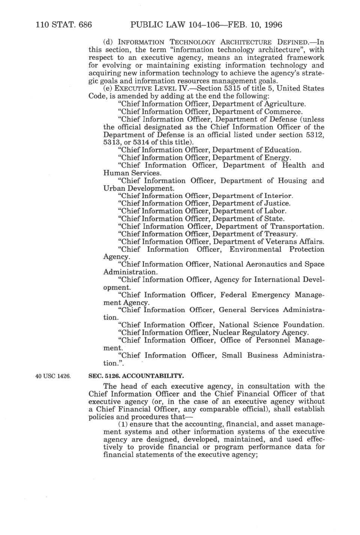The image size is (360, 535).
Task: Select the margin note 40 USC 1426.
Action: [53, 376]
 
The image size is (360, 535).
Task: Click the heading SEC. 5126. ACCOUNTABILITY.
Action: [136, 376]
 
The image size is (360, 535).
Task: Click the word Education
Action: [283, 150]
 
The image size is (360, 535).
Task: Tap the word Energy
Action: [278, 158]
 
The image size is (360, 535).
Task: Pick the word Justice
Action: [277, 204]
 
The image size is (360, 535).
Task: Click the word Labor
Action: [275, 211]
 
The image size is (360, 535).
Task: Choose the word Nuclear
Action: [225, 333]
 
